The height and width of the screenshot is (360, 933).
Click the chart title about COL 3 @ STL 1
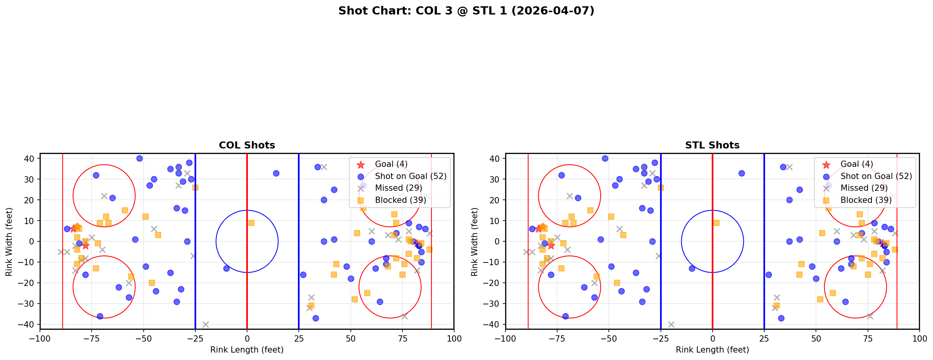click(x=466, y=11)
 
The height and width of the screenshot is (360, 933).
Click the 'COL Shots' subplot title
click(x=247, y=145)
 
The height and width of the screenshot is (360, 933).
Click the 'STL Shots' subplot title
click(x=712, y=145)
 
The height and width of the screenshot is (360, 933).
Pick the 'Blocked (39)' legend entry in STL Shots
click(x=866, y=200)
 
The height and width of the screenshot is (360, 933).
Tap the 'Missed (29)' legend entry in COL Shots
click(x=398, y=188)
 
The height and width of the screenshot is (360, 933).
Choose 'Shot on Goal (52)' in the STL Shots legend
click(x=876, y=176)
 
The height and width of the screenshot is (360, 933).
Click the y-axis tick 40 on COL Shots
click(x=31, y=159)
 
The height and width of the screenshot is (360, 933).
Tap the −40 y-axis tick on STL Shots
click(x=494, y=324)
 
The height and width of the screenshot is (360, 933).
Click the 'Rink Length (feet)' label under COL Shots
click(x=247, y=350)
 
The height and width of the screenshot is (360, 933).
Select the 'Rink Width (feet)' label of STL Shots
click(x=475, y=242)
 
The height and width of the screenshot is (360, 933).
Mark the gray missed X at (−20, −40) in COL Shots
click(x=206, y=324)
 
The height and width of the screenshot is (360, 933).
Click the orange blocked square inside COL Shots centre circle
click(x=251, y=223)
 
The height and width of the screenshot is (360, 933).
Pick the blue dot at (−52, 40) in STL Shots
click(x=605, y=159)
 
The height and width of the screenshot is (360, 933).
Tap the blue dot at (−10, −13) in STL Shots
click(x=692, y=268)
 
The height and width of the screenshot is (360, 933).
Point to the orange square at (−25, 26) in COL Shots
click(x=195, y=188)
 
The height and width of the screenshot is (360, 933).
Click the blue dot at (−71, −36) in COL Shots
click(x=100, y=316)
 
